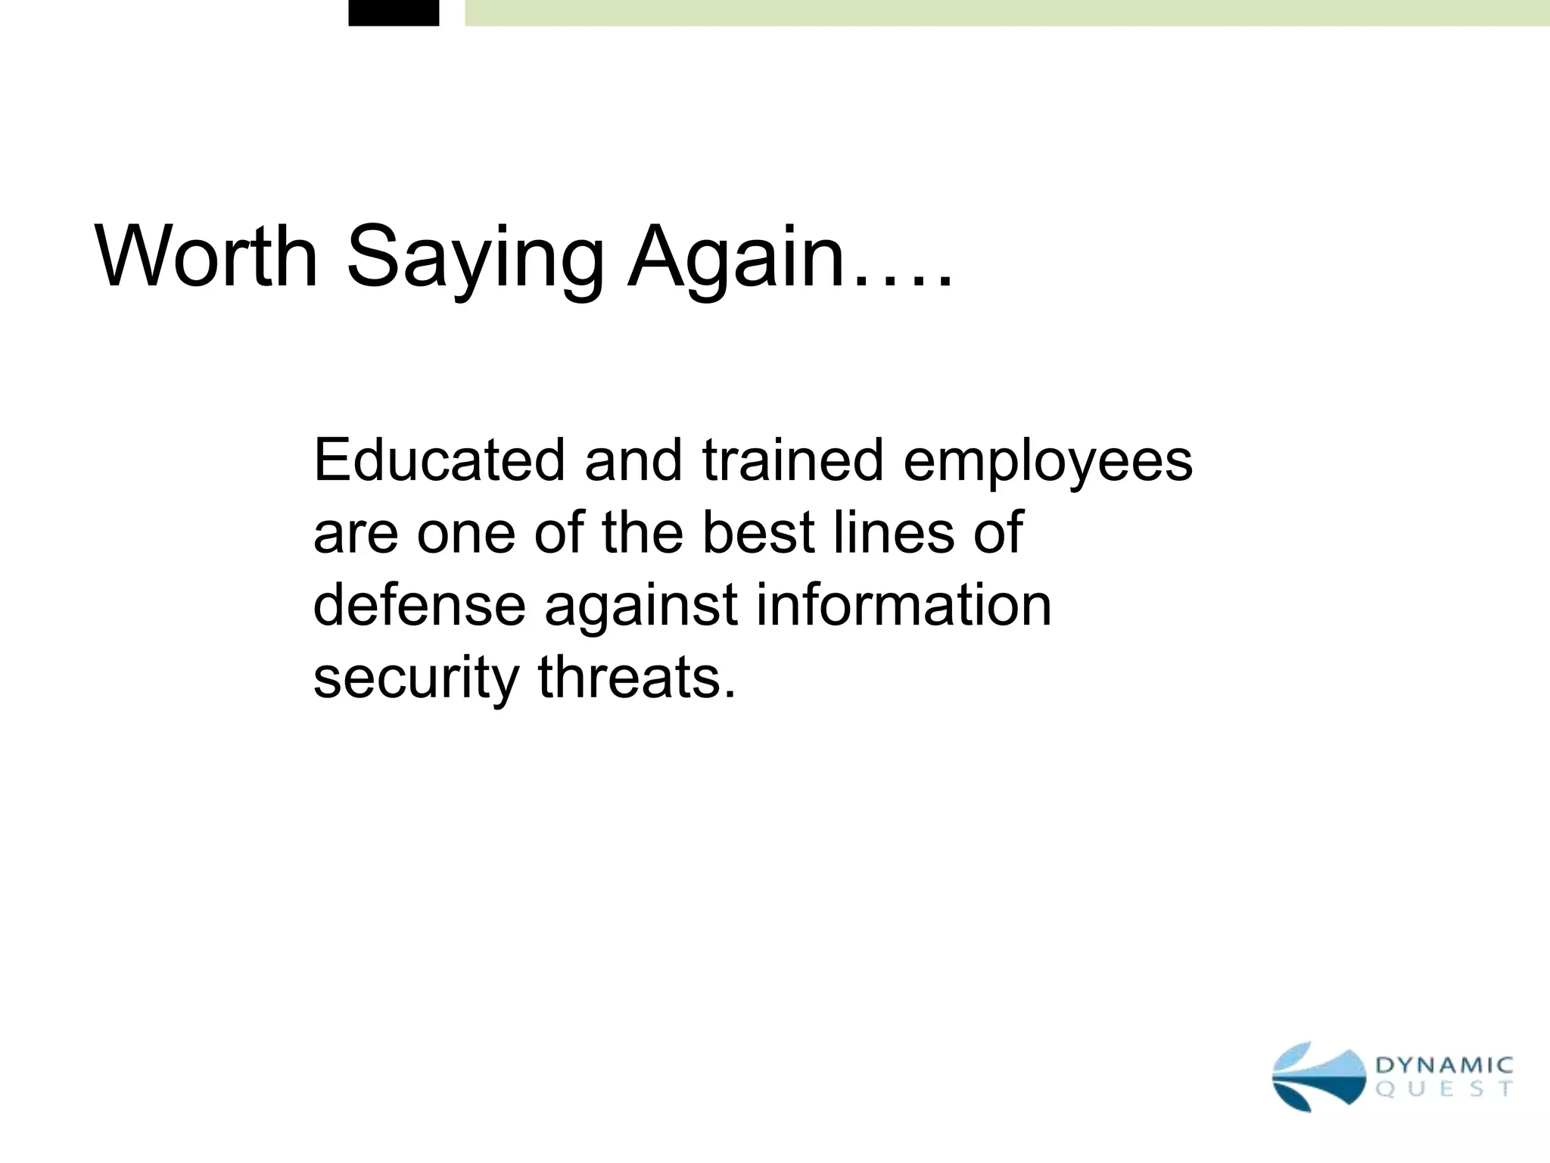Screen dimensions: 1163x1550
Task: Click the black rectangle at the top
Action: (394, 12)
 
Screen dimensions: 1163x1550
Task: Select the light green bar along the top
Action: (1007, 12)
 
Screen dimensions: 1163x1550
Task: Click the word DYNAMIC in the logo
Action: (1444, 1065)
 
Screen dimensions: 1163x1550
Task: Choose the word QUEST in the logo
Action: (1444, 1090)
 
